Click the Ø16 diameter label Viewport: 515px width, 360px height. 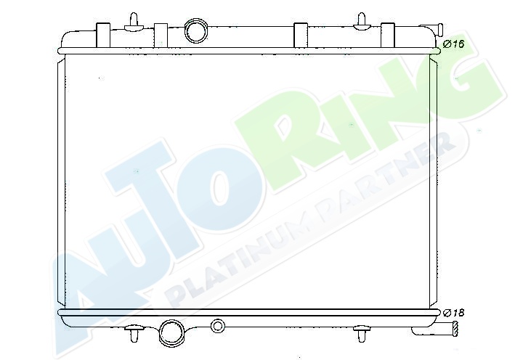453,44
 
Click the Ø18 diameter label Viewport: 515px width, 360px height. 453,313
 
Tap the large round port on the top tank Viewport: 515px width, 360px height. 196,31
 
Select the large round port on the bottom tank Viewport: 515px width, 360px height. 171,332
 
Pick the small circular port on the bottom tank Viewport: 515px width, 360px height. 217,326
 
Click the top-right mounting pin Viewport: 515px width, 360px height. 361,22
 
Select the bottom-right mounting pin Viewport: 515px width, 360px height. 361,333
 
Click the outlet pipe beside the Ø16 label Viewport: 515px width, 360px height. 431,30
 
